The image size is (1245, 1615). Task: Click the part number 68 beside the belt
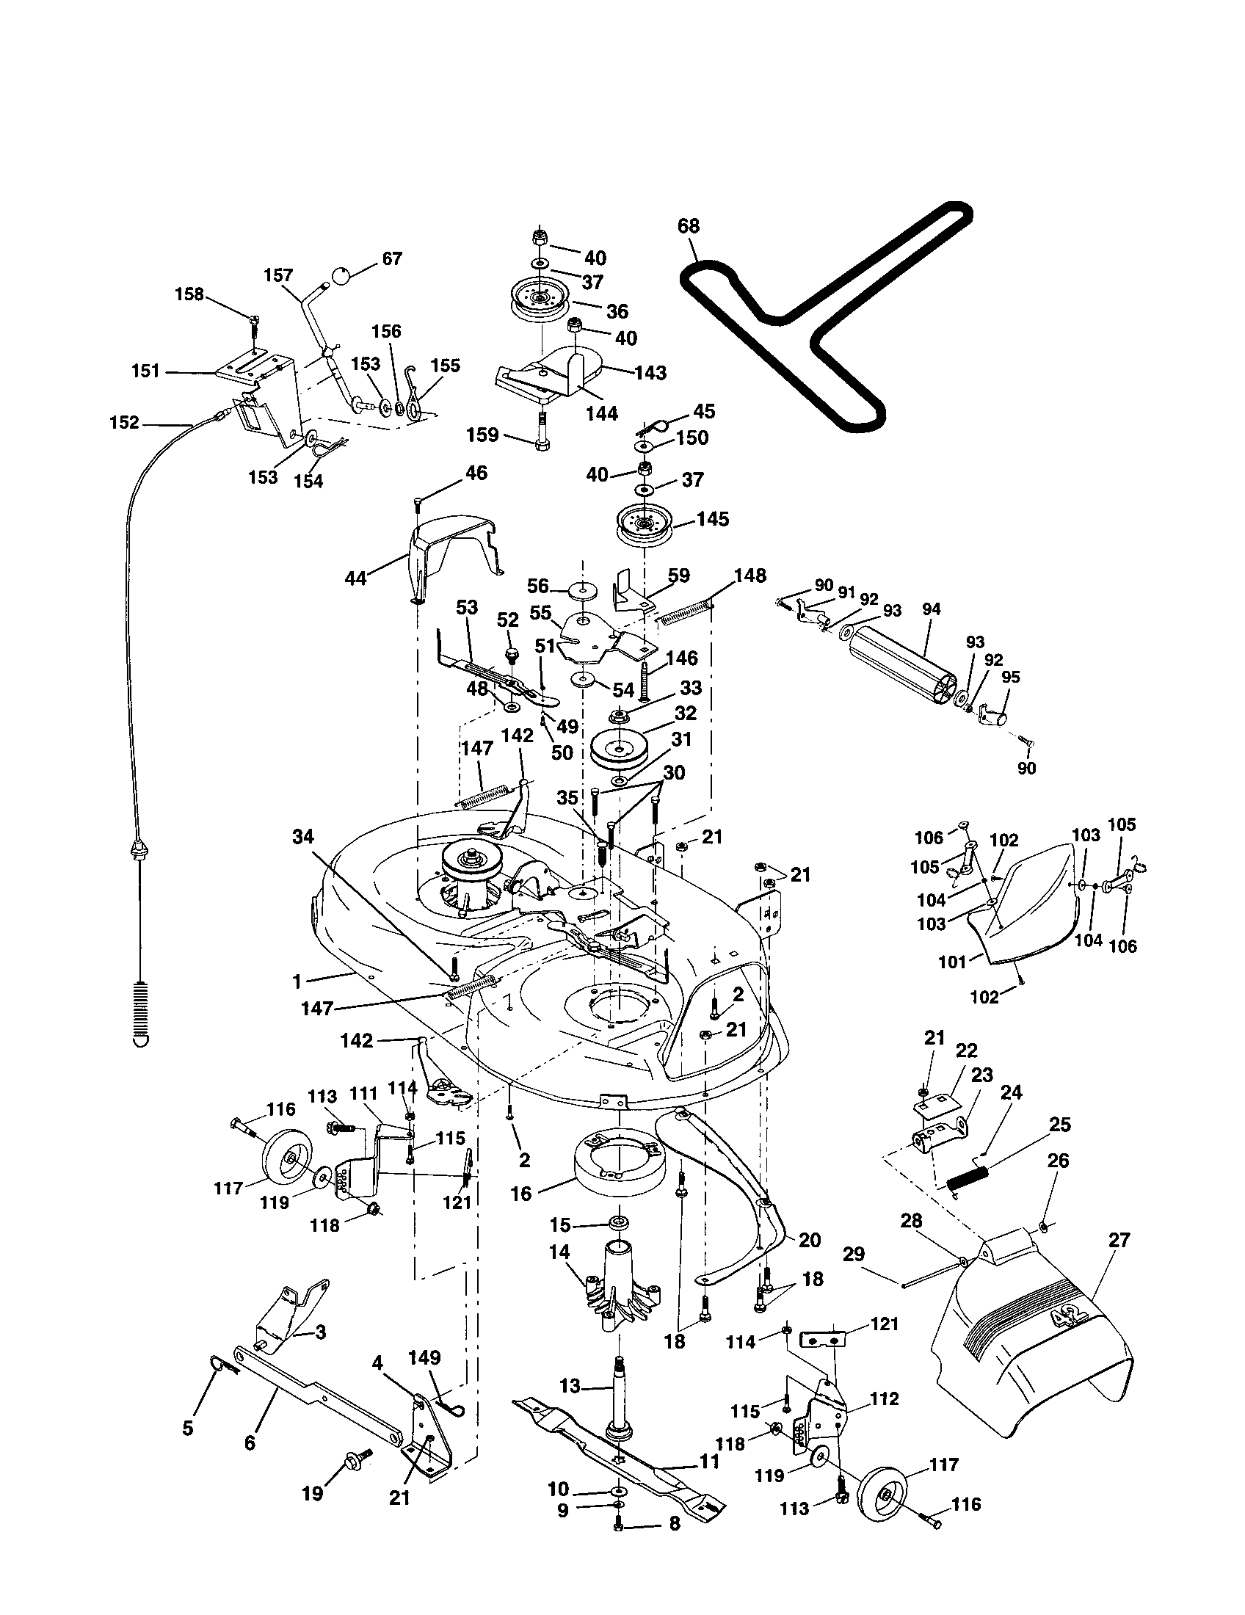[x=688, y=225]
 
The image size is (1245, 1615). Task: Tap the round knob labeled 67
[x=341, y=277]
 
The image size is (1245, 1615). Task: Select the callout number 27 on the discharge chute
[x=1119, y=1239]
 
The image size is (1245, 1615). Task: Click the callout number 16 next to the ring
[x=521, y=1194]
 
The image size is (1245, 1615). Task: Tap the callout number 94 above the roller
[x=932, y=609]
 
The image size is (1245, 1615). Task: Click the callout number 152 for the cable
[x=124, y=422]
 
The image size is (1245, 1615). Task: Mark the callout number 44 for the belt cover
[x=355, y=578]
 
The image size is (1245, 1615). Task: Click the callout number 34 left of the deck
[x=302, y=836]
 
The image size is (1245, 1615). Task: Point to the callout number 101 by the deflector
[x=952, y=962]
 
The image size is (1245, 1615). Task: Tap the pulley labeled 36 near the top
[x=541, y=302]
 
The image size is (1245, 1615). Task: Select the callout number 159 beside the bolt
[x=483, y=435]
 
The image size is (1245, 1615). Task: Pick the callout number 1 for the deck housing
[x=297, y=981]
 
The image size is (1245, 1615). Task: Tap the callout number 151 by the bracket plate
[x=145, y=371]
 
